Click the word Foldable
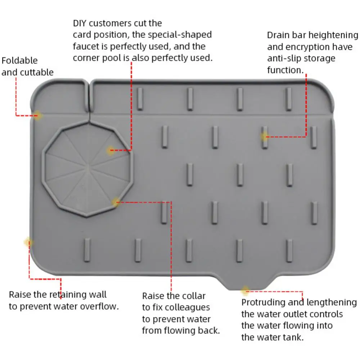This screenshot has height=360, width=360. click(19, 60)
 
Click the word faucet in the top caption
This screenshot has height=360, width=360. click(85, 46)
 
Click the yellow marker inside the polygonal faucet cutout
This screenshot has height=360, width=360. click(111, 151)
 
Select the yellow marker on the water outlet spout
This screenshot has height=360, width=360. click(245, 290)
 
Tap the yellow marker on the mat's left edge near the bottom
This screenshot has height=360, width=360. click(28, 242)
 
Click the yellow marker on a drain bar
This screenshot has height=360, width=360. click(265, 136)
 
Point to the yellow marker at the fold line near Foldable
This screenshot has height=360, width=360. click(38, 116)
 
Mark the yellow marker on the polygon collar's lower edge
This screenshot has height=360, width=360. click(116, 202)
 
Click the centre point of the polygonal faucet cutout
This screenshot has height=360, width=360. click(88, 168)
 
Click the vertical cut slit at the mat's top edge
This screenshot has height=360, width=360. click(89, 95)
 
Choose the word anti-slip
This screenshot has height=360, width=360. click(284, 58)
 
